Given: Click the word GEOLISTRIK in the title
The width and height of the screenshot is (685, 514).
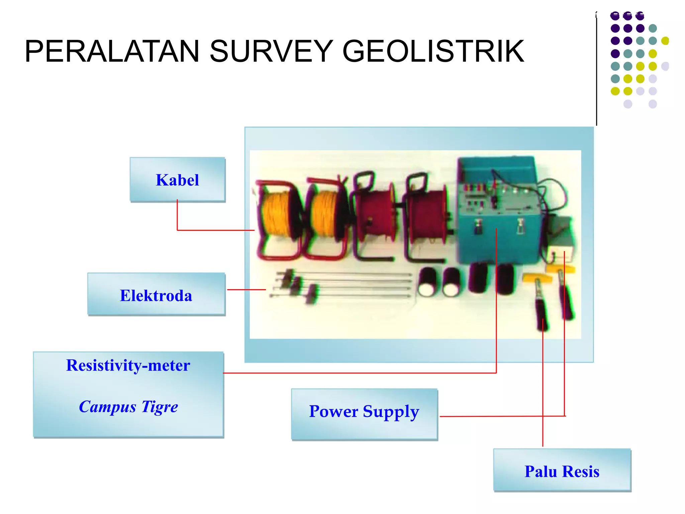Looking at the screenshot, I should click(x=433, y=51).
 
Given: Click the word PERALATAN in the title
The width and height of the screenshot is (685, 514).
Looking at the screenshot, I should click(x=112, y=51).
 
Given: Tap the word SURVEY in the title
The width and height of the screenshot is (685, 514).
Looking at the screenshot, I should click(x=271, y=51).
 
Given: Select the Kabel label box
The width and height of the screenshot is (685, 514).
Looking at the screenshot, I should click(x=178, y=180).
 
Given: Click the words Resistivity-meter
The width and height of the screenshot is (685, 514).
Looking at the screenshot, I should click(x=128, y=365).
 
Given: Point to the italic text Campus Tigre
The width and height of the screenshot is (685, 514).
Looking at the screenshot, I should click(x=128, y=407).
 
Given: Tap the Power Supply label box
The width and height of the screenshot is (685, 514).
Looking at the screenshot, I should click(x=364, y=414).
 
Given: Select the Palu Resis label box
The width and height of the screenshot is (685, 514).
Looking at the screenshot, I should click(x=562, y=470).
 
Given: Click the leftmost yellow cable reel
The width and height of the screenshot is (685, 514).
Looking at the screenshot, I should click(x=279, y=218).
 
